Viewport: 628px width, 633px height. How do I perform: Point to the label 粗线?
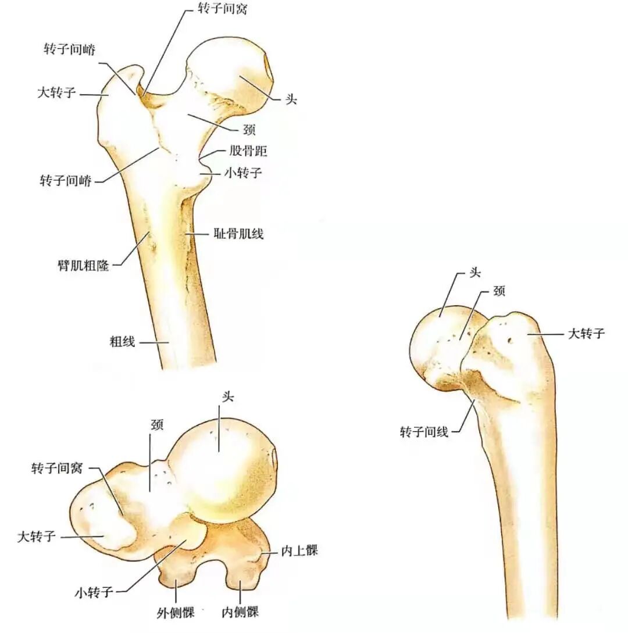point(123,342)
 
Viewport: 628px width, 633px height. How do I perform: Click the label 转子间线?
point(424,432)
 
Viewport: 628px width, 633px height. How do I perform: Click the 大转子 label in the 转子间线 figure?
point(586,334)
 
